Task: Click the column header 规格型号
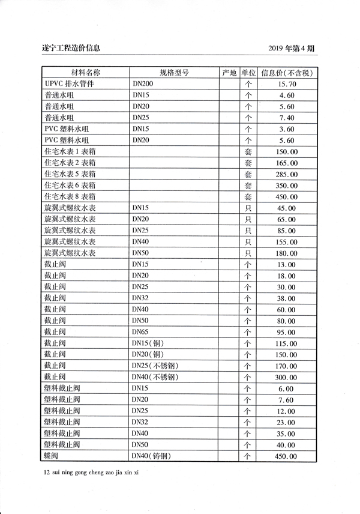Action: pos(175,73)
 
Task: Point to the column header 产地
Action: pos(229,73)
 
